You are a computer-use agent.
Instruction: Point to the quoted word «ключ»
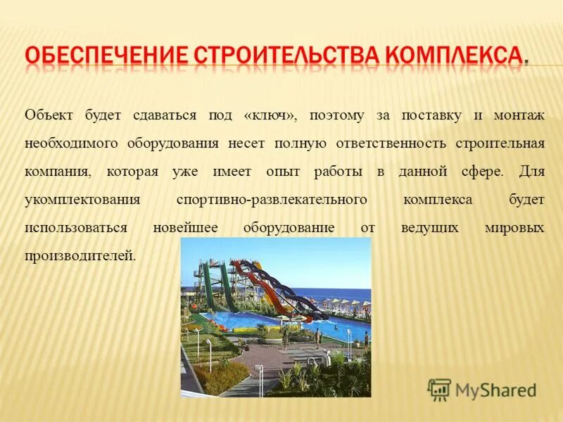click(x=270, y=115)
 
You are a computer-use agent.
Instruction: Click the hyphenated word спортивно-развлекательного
click(x=272, y=200)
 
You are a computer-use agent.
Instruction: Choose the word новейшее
click(x=186, y=228)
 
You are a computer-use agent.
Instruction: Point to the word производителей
click(x=80, y=256)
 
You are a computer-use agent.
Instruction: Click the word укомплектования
click(x=83, y=200)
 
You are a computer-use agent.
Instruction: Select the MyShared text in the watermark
click(x=495, y=390)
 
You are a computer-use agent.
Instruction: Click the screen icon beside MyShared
click(x=439, y=389)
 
